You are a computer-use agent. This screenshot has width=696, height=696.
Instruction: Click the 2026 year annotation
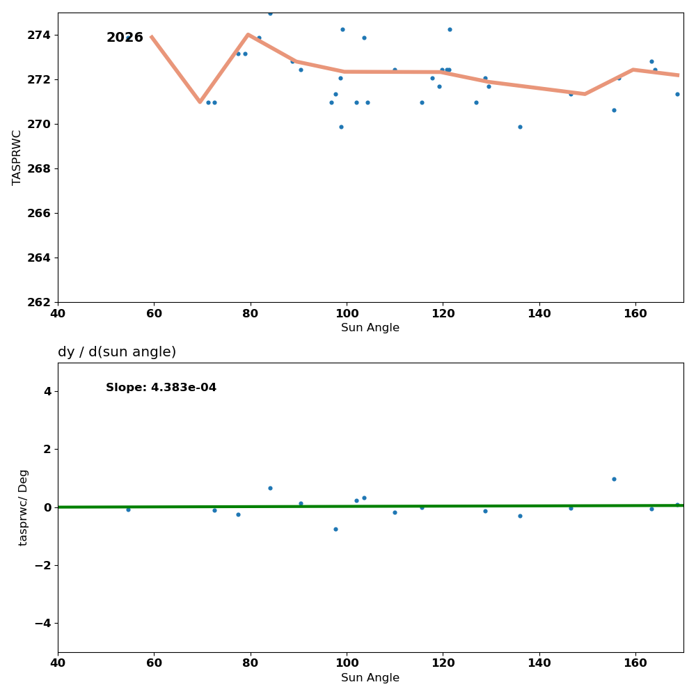coord(125,38)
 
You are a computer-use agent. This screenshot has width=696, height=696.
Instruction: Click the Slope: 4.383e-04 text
coord(161,388)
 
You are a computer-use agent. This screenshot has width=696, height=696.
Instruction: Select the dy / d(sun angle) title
coord(117,352)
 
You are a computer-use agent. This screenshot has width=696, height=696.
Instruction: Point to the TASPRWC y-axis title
coord(17,157)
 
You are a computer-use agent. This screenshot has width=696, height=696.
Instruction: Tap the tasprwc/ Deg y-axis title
coord(24,507)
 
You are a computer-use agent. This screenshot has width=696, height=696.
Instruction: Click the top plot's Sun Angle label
coord(370,328)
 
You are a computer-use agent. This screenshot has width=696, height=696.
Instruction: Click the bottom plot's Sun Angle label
coord(370,678)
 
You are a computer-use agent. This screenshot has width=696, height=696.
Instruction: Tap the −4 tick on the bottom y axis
coord(42,623)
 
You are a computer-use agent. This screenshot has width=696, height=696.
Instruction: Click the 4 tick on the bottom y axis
coord(47,391)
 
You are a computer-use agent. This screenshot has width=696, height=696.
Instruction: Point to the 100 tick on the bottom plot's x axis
coord(347,663)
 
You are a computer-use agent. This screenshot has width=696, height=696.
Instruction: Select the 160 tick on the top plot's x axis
coord(635,313)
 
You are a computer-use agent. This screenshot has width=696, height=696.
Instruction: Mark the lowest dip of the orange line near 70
coord(200,102)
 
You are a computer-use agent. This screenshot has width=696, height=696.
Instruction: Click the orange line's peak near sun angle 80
coord(248,34)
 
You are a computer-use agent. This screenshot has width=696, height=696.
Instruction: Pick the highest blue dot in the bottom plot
coord(614,479)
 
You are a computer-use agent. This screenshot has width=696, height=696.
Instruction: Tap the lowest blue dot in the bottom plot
coord(335,529)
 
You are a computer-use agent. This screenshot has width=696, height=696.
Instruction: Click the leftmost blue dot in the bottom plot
coord(128,509)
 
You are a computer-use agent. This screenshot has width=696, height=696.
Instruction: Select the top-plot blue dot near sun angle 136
coord(520,127)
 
